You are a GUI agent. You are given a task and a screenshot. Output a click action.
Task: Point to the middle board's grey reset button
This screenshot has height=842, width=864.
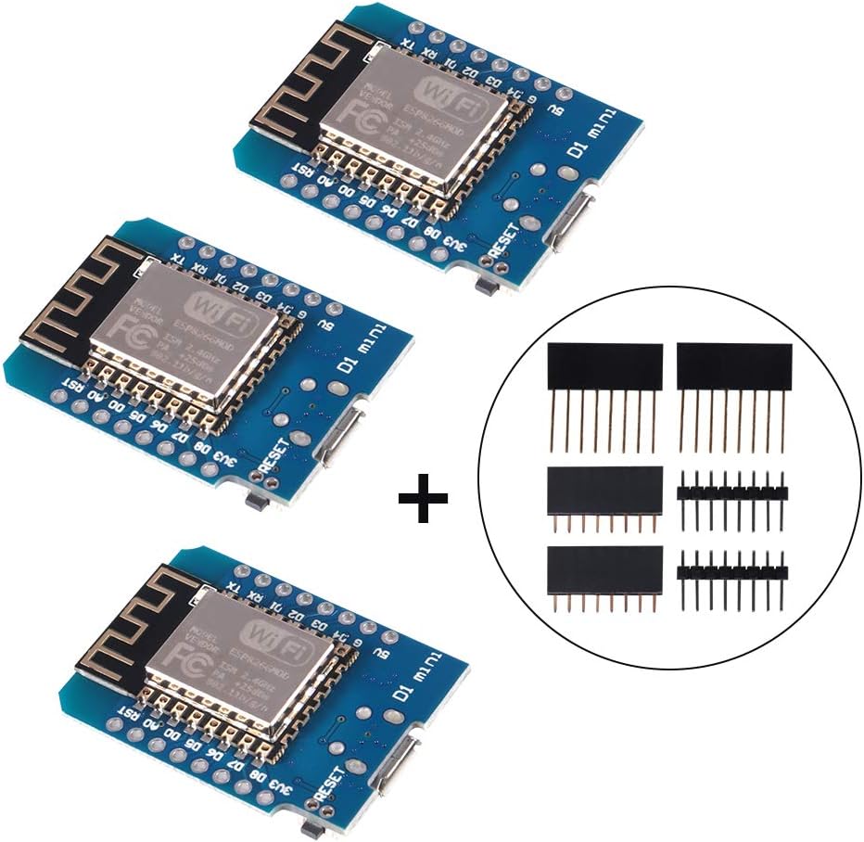point(252,502)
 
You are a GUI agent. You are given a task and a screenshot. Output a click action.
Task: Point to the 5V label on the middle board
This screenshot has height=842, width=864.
point(322,328)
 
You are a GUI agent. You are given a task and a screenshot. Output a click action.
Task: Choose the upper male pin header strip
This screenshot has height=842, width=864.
point(732,491)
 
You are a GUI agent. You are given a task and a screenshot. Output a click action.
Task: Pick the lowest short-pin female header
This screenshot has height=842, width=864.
point(605,568)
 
